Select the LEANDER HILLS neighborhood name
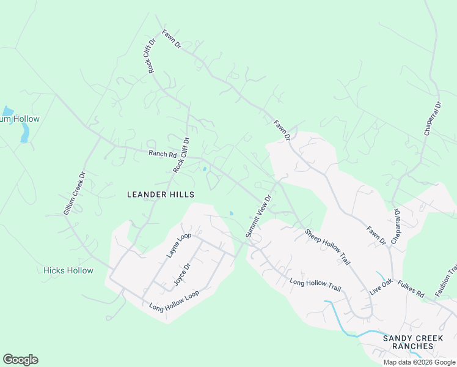click(161, 195)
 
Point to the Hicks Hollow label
click(68, 270)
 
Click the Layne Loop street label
click(179, 245)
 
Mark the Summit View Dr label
click(258, 217)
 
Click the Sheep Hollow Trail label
click(327, 247)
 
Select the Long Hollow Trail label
click(315, 283)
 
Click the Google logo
click(20, 360)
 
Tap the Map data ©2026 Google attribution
click(419, 362)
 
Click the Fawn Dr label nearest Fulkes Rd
click(376, 235)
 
